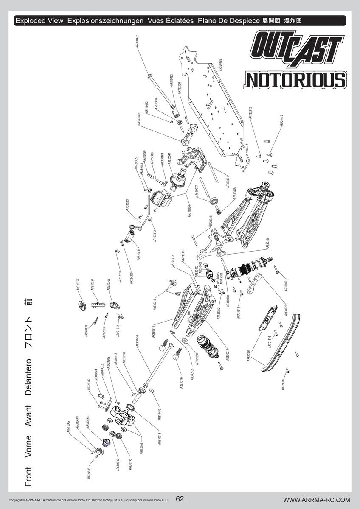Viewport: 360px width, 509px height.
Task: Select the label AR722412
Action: click(281, 120)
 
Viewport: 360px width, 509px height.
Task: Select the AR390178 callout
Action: click(87, 331)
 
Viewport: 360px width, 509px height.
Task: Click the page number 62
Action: click(180, 499)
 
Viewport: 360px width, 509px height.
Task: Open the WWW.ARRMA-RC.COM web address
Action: click(316, 500)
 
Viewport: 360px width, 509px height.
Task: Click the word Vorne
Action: click(28, 446)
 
